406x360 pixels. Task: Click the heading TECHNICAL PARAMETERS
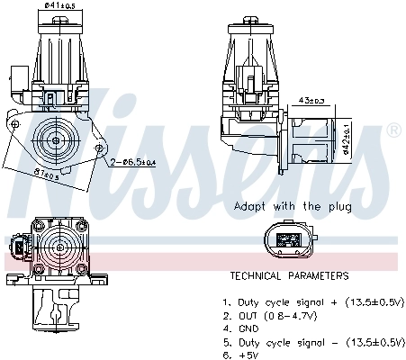(288, 276)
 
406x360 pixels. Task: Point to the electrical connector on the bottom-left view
(21, 245)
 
